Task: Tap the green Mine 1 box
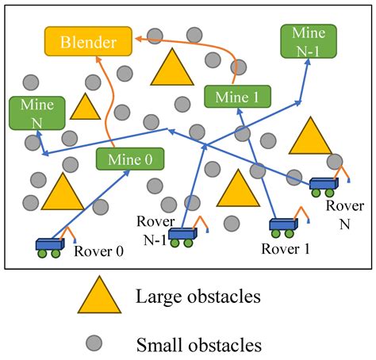237,96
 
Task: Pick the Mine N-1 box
308,41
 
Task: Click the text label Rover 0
99,251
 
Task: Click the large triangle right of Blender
171,69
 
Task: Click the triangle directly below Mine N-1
309,135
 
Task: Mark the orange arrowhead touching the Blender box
136,37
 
